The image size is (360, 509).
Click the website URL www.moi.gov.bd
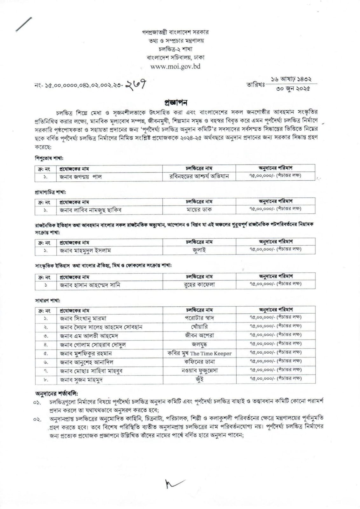coord(175,67)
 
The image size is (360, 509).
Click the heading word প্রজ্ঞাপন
coord(176,102)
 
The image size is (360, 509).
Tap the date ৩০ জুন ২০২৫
coord(293,89)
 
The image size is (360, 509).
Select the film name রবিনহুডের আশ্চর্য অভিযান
coord(199,177)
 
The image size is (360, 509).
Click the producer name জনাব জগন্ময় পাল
coord(81,177)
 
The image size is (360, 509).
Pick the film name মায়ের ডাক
coord(199,210)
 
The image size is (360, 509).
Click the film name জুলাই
coord(199,250)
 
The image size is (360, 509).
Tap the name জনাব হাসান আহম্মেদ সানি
coord(90,285)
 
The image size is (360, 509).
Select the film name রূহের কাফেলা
coord(199,285)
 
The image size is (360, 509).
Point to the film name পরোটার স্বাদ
coord(199,318)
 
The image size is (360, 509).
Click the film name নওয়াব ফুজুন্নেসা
coord(199,371)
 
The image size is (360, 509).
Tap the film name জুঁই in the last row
coord(199,380)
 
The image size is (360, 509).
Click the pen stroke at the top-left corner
coord(24,24)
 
